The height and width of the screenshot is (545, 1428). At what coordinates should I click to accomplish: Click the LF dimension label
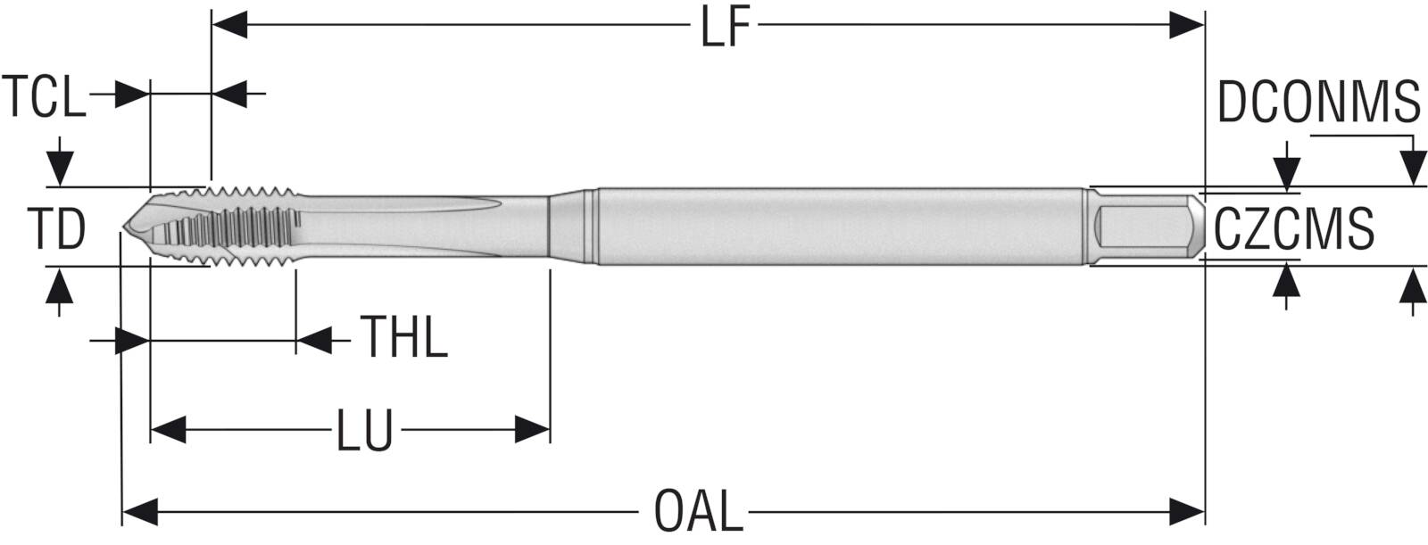tap(725, 28)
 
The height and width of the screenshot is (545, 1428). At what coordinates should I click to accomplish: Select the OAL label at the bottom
tap(700, 511)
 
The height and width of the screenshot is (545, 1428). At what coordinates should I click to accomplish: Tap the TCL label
tap(44, 96)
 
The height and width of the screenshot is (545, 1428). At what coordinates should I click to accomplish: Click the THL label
tap(404, 336)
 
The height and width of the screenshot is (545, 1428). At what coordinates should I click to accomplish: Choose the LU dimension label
tap(364, 431)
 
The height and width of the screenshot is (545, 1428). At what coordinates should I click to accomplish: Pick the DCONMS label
tap(1319, 103)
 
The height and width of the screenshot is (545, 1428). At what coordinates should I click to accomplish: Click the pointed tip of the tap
tap(123, 227)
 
